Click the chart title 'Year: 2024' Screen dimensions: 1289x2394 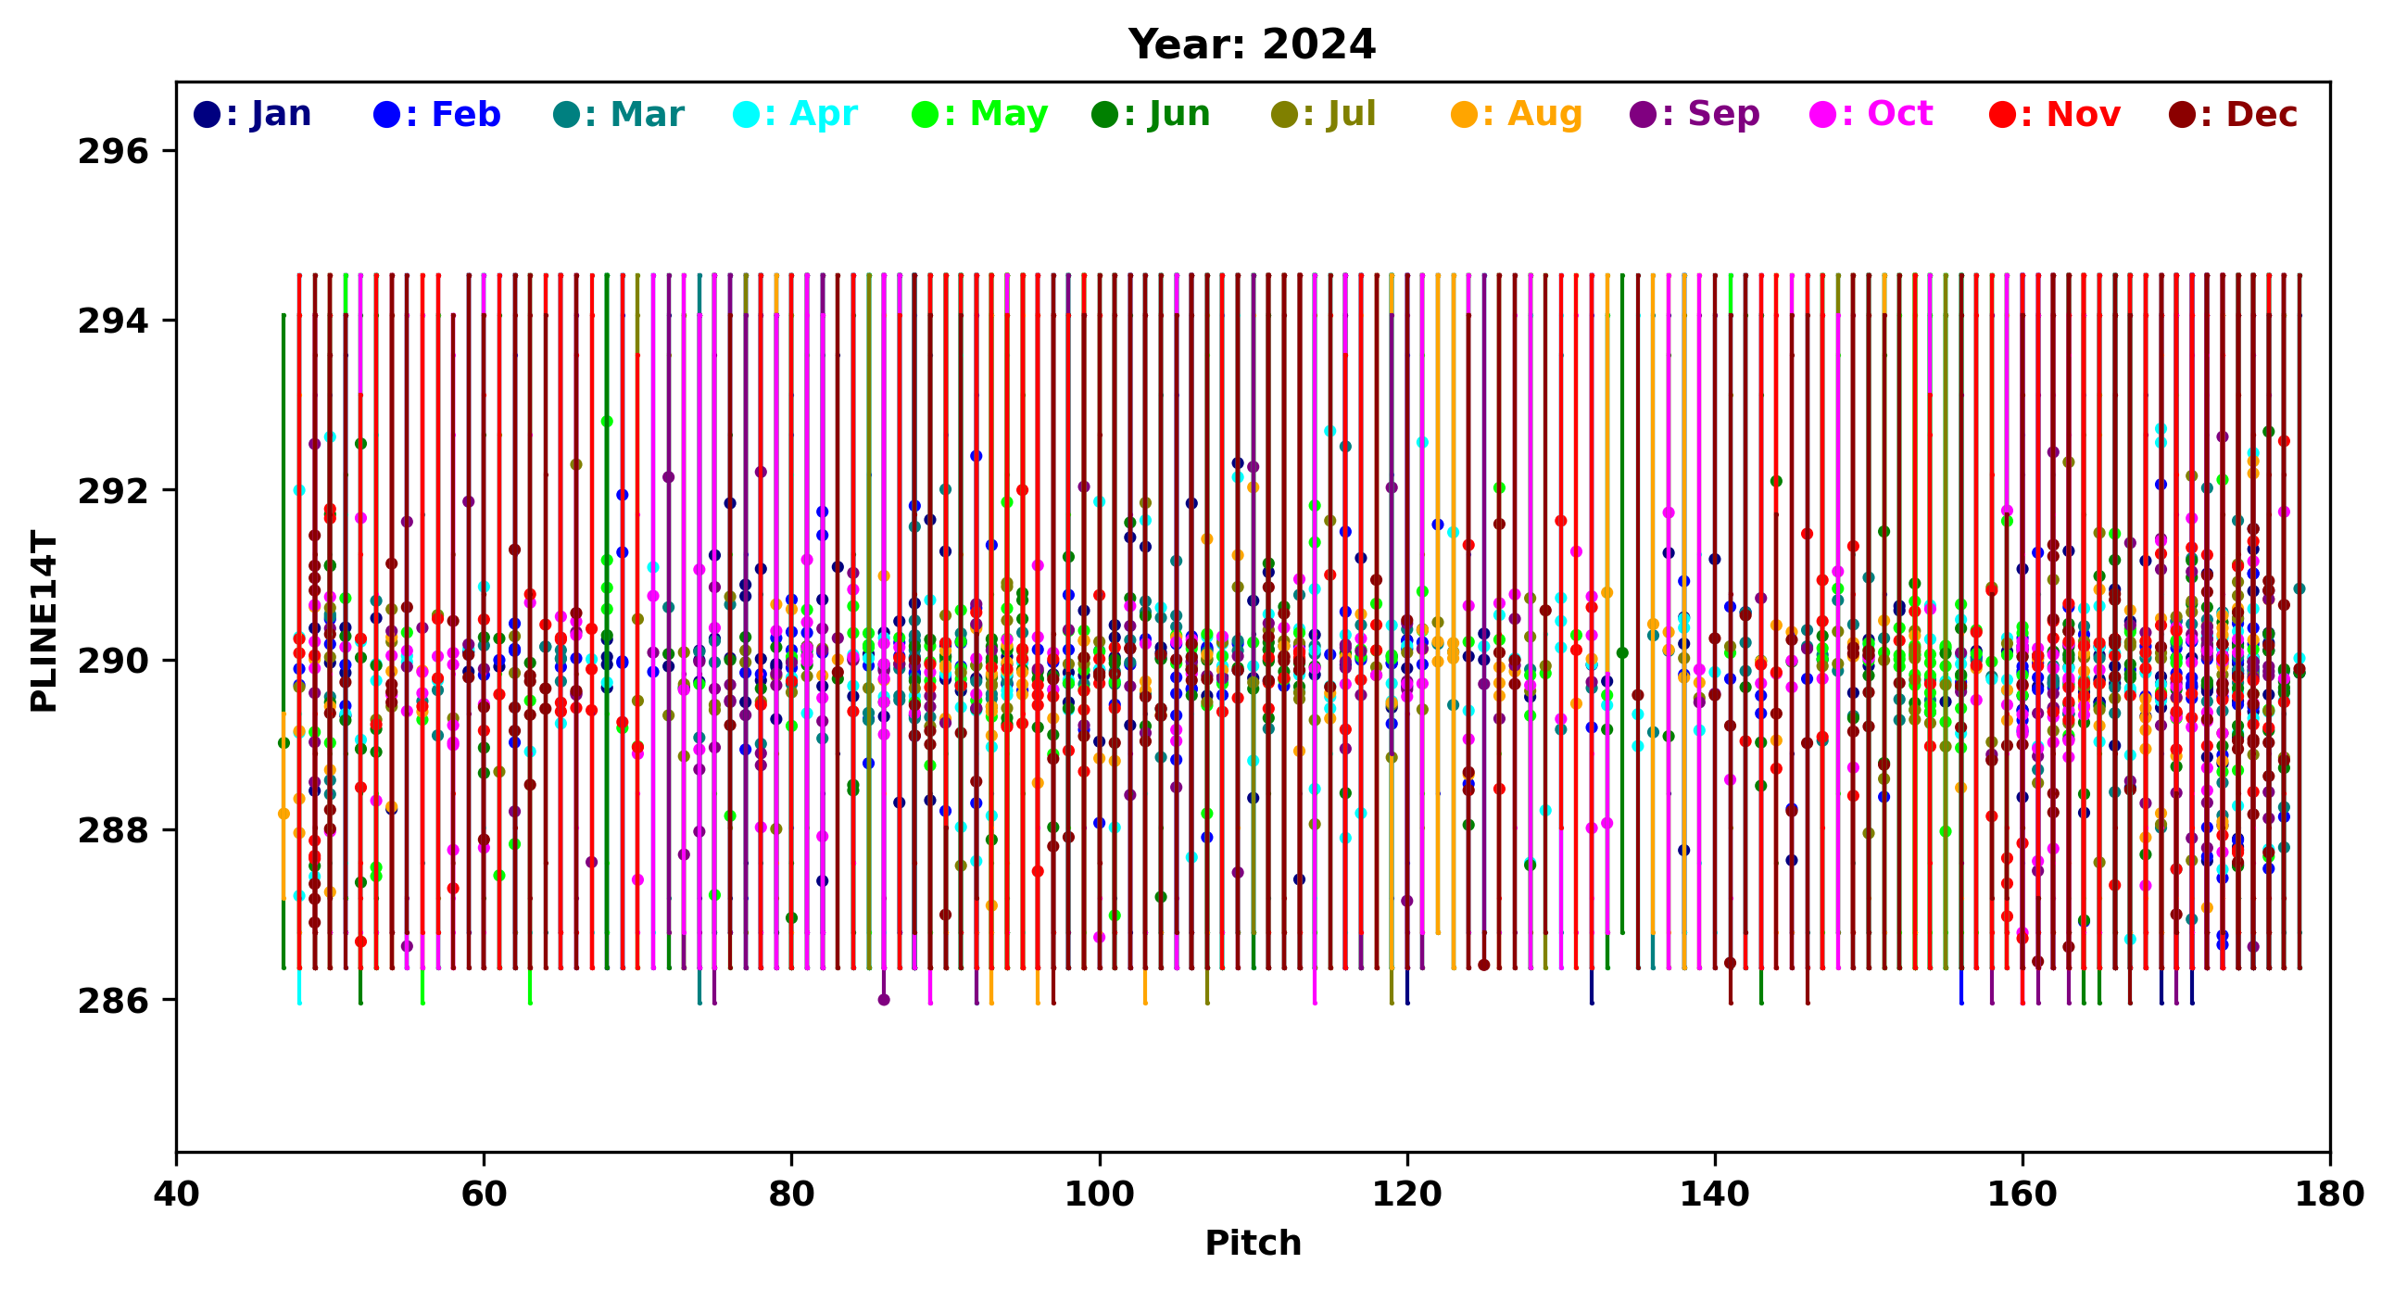[x=1251, y=44]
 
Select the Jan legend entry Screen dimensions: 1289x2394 [x=253, y=114]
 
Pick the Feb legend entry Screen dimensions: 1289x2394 [x=436, y=114]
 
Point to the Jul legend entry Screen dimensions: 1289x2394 [x=1323, y=114]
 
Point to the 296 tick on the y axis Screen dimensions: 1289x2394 [x=113, y=151]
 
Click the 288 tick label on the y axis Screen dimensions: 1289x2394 [x=113, y=831]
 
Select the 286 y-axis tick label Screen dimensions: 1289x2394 [x=113, y=1001]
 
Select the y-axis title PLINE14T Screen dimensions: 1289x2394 [x=44, y=621]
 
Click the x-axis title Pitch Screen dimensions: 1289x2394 [x=1252, y=1244]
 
